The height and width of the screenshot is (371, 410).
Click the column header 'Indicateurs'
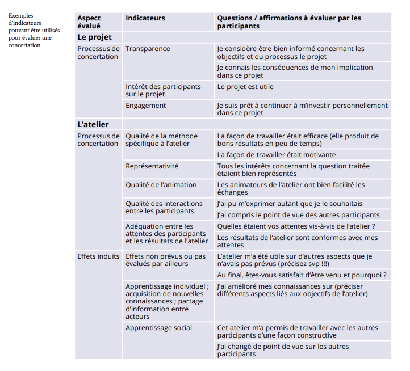[x=145, y=18]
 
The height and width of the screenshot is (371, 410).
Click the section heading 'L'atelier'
[x=93, y=124]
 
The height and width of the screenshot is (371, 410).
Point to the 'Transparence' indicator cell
[x=148, y=49]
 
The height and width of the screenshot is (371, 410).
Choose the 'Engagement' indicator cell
[x=146, y=106]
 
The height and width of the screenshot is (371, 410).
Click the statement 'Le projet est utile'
[x=245, y=87]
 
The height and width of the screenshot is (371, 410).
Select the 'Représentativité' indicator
[x=152, y=166]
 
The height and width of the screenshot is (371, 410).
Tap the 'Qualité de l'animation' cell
[x=161, y=185]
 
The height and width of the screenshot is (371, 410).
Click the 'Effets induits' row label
[x=98, y=256]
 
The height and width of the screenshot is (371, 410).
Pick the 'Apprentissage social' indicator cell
[x=159, y=328]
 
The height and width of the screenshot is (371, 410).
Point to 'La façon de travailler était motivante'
[x=277, y=155]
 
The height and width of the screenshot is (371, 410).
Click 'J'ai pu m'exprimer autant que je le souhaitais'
[x=290, y=204]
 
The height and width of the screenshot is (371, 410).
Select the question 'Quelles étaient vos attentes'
[x=296, y=226]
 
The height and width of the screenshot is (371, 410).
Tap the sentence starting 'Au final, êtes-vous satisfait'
[x=302, y=275]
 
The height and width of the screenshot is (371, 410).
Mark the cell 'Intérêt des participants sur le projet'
[x=163, y=91]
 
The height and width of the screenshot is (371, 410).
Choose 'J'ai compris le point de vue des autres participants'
[x=298, y=215]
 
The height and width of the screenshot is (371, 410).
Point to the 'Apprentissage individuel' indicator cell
[x=167, y=301]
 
